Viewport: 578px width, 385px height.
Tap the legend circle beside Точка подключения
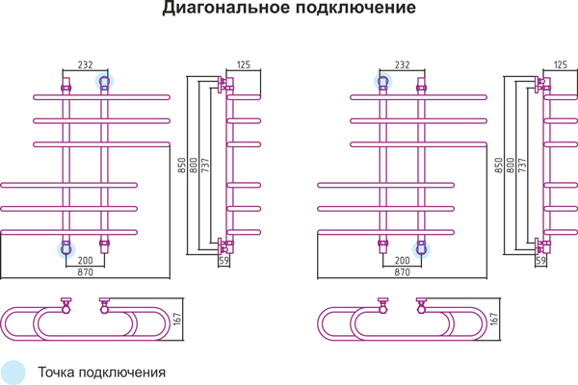pos(13,371)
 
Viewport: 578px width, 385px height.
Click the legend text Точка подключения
pos(102,372)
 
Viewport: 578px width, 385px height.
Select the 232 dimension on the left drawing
pos(85,64)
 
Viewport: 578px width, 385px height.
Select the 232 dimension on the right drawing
pos(402,64)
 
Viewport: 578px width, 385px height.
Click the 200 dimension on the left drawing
pos(85,261)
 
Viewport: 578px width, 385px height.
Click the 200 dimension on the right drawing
pos(402,261)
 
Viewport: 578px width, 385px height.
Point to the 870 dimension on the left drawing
pos(85,273)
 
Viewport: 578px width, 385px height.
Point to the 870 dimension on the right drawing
pos(402,273)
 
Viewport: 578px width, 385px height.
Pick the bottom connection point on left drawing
pos(66,248)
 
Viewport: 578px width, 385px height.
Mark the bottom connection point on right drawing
pos(421,248)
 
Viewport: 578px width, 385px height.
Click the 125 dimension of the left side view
pos(243,64)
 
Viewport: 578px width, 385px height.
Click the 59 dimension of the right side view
pos(540,261)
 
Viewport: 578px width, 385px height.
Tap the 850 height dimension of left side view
pos(182,165)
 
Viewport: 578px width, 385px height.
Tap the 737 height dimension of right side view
pos(521,165)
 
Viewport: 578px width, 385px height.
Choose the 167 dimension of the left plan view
pos(178,320)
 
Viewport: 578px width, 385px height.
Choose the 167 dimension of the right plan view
pos(495,320)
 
